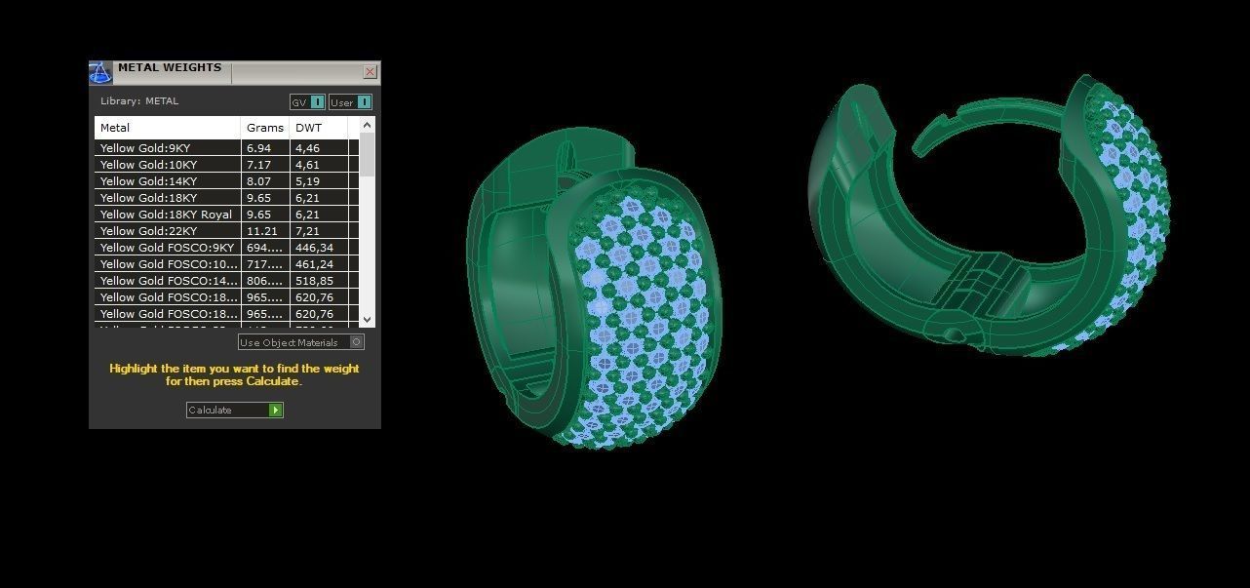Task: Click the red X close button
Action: point(370,71)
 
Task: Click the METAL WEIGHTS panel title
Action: point(170,68)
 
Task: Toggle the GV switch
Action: point(317,102)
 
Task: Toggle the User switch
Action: point(364,102)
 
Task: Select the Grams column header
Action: point(264,128)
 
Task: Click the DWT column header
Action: point(309,128)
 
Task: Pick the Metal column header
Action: point(115,128)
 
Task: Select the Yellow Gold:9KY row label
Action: point(145,148)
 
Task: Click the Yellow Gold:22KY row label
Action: point(148,231)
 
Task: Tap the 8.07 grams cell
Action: point(258,181)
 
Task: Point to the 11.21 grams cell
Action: point(261,231)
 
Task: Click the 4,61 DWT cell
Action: point(307,165)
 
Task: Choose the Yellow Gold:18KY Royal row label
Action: point(166,215)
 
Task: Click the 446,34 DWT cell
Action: point(314,248)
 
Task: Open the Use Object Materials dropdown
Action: point(357,342)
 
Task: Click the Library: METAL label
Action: point(139,101)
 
